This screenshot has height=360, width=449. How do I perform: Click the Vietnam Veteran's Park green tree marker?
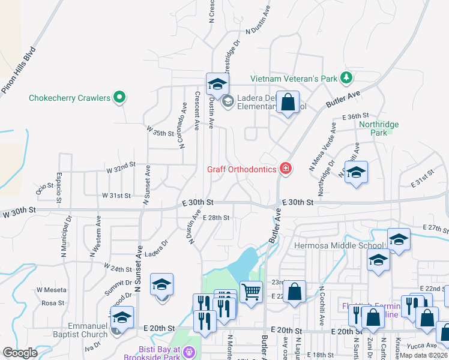346,78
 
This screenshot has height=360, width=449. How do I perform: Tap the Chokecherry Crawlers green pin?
119,97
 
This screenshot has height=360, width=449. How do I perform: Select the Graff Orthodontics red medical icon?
286,169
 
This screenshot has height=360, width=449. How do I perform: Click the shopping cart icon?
251,292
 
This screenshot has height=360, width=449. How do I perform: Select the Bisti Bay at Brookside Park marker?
190,352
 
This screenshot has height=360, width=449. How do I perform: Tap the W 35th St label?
159,130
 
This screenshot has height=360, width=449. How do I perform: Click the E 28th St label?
216,218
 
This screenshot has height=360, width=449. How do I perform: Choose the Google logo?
20,353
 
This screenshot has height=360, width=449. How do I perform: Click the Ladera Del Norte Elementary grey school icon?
228,103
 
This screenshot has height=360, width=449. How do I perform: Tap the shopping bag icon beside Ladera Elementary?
288,103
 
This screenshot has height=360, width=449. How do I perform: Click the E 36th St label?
354,116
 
